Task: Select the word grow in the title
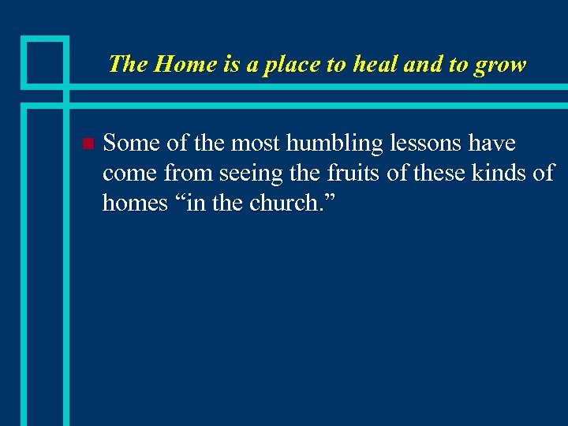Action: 500,64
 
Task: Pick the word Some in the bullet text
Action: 129,144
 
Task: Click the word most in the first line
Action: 256,144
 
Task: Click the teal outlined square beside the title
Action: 44,61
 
